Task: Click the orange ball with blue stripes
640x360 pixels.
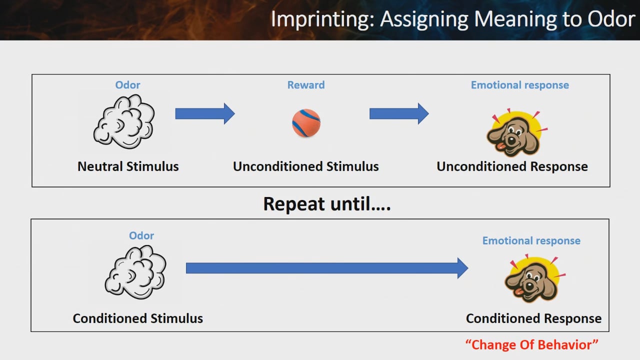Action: point(306,123)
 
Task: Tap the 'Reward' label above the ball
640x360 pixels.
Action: point(306,85)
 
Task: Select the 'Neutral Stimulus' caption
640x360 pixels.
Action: point(128,166)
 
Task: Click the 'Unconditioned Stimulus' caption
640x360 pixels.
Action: point(305,166)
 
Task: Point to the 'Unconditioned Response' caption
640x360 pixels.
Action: point(512,166)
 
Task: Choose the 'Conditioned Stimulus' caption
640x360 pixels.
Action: point(137,318)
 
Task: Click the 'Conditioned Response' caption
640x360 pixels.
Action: point(533,318)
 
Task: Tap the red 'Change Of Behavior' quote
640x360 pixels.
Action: point(531,344)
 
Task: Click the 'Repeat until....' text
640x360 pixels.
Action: point(327,203)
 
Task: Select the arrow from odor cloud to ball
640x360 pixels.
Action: point(205,113)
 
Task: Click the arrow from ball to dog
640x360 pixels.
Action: point(399,113)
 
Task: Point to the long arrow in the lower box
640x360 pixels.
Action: point(327,268)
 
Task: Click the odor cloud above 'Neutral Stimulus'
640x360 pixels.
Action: point(124,121)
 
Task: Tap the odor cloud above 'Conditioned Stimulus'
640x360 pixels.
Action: point(135,272)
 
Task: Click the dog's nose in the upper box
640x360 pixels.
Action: point(511,140)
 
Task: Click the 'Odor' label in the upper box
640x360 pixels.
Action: point(127,85)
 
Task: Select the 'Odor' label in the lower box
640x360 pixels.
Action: point(141,235)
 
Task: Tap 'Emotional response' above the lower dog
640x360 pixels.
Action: point(531,240)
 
